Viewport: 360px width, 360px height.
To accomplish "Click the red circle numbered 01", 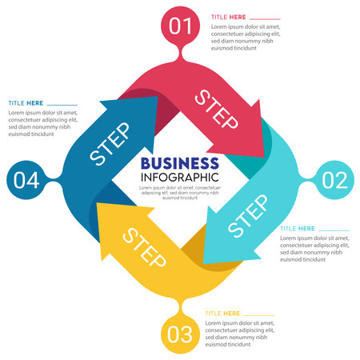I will (x=181, y=26).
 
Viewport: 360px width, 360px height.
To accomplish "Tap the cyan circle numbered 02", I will (x=334, y=180).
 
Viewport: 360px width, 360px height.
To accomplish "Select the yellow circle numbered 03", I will (x=180, y=333).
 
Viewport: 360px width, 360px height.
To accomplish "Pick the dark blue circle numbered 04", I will (x=26, y=180).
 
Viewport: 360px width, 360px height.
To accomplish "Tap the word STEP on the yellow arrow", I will (x=144, y=249).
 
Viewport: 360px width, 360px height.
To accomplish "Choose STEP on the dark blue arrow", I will (x=110, y=144).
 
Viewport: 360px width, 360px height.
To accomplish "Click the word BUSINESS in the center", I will (x=179, y=161).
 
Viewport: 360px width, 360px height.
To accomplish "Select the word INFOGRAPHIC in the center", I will (x=179, y=176).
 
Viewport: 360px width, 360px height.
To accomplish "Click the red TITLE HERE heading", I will (x=228, y=17).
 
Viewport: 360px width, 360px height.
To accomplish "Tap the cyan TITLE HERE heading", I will (x=297, y=229).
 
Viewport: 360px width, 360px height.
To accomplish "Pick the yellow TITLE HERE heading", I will (x=222, y=313).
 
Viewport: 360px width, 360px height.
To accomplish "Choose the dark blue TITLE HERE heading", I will (x=26, y=103).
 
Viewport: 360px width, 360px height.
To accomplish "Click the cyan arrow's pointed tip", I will (x=205, y=261).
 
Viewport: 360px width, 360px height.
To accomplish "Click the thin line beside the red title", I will (x=266, y=18).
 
